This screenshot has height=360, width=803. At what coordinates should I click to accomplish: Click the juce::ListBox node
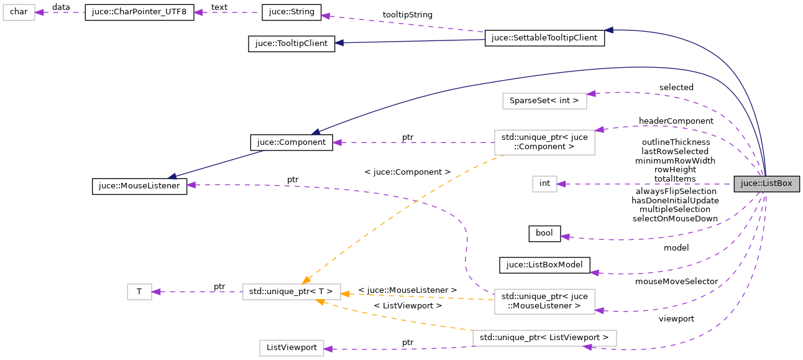[766, 184]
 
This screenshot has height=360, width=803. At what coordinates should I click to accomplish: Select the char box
[19, 12]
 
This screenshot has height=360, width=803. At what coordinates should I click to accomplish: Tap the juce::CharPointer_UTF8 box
[139, 12]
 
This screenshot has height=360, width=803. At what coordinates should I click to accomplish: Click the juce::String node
[291, 12]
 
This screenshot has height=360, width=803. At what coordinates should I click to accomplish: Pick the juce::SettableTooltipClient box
[544, 38]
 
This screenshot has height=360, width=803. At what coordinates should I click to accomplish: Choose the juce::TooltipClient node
[291, 44]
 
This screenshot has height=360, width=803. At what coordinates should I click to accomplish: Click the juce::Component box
[291, 142]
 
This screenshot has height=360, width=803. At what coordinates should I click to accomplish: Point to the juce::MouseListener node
[139, 186]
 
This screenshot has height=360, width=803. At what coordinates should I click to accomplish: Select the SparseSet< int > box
[544, 100]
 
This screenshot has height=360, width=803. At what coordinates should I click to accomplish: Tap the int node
[544, 183]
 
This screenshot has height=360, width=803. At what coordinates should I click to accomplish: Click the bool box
[544, 233]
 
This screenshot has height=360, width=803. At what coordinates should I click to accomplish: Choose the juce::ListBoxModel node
[544, 265]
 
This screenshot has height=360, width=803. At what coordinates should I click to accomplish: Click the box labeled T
[139, 292]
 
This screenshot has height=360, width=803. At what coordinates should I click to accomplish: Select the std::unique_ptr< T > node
[291, 292]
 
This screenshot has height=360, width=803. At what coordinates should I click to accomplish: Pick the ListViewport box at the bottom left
[291, 348]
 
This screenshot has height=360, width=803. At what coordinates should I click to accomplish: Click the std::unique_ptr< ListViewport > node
[544, 338]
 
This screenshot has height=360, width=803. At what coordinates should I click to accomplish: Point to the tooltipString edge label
[407, 14]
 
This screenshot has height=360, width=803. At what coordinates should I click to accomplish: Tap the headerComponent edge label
[676, 120]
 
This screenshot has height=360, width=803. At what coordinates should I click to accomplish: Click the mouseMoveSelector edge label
[676, 281]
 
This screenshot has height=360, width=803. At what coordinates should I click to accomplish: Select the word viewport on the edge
[676, 318]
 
